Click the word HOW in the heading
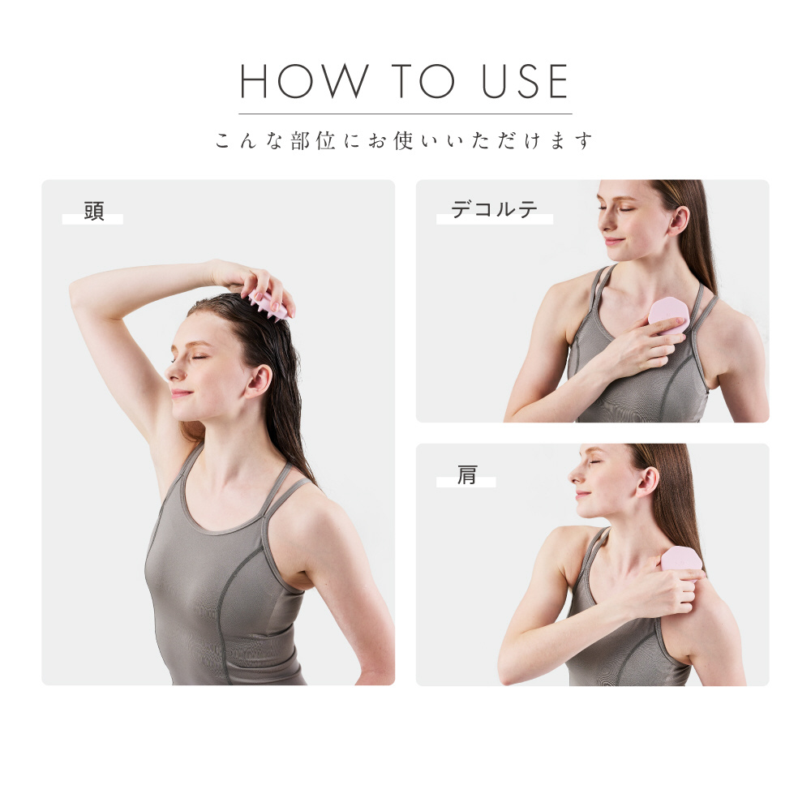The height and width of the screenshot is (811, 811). click(304, 81)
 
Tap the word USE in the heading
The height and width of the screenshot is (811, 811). click(525, 81)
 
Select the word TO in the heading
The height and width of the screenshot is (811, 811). click(423, 81)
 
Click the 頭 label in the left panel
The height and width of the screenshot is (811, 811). click(94, 211)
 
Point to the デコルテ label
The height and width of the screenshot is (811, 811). click(494, 209)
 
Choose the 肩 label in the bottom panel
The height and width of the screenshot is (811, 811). click(466, 474)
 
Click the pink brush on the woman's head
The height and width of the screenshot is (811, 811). click(268, 305)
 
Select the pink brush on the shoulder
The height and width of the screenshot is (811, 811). click(682, 560)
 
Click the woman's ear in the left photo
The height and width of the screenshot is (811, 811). click(259, 381)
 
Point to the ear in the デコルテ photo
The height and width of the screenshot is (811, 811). click(678, 221)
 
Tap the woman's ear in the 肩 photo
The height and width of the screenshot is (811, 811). click(647, 482)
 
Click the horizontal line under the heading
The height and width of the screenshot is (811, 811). click(405, 114)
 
